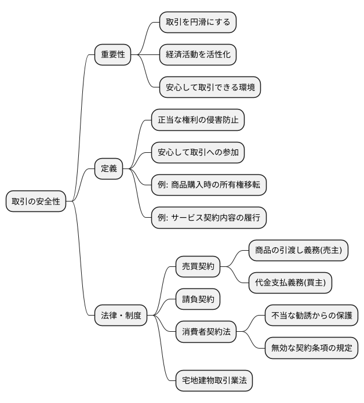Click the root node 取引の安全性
click(36, 202)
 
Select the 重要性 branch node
click(112, 55)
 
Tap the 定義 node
click(109, 169)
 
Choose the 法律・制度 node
click(121, 316)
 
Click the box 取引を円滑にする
click(198, 23)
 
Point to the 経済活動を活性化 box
click(198, 55)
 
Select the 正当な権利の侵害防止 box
click(198, 120)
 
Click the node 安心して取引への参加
click(198, 153)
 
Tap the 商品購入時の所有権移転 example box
click(208, 185)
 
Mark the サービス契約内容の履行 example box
click(208, 218)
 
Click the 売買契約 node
click(198, 267)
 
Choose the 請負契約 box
click(198, 299)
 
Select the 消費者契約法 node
click(206, 332)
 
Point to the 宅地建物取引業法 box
click(214, 381)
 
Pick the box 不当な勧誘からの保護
click(311, 316)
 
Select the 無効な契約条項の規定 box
click(311, 349)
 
